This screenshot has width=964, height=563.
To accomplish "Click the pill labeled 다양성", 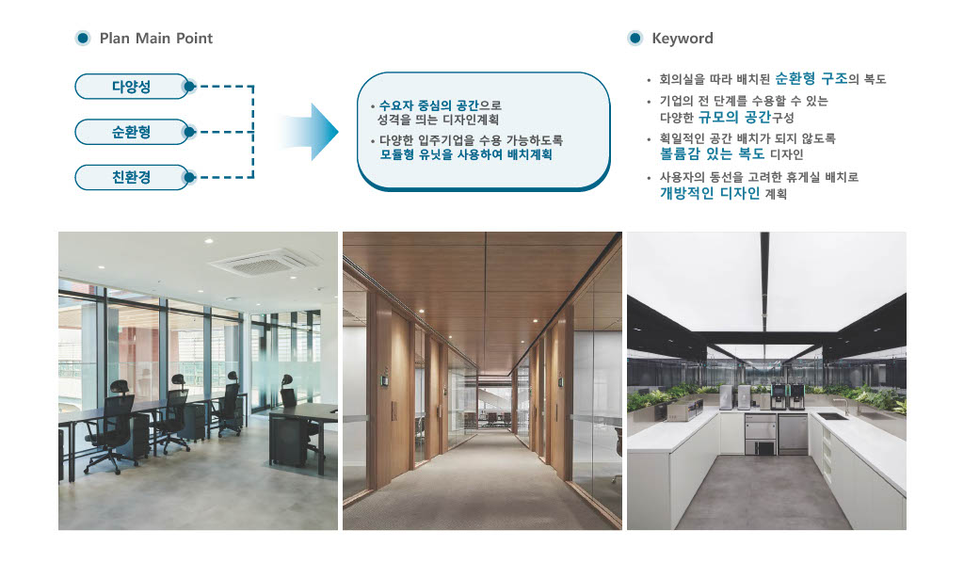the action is (x=131, y=87).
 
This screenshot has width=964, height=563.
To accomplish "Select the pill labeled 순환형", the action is (x=131, y=132).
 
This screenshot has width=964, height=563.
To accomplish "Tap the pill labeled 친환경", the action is (x=131, y=178).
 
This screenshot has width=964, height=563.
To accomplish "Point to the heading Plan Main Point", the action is (x=156, y=38).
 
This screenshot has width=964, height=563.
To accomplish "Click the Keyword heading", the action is (x=683, y=38).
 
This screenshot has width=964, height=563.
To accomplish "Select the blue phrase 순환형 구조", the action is (x=811, y=79).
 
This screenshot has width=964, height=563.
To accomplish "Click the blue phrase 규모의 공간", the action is (x=734, y=117).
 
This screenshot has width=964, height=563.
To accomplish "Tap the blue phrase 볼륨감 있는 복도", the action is (x=712, y=153).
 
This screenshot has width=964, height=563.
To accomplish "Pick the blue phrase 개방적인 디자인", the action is (x=710, y=193).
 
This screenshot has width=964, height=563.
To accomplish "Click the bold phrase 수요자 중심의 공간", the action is (x=428, y=105).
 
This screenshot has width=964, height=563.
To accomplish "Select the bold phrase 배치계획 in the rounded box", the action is (x=529, y=154).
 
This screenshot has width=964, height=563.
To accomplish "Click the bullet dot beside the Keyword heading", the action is (x=635, y=38).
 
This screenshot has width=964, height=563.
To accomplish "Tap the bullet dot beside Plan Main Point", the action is (x=83, y=38).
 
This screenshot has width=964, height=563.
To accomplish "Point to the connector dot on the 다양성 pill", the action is (x=189, y=87).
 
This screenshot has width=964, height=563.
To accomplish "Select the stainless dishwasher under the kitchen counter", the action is (x=793, y=434).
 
